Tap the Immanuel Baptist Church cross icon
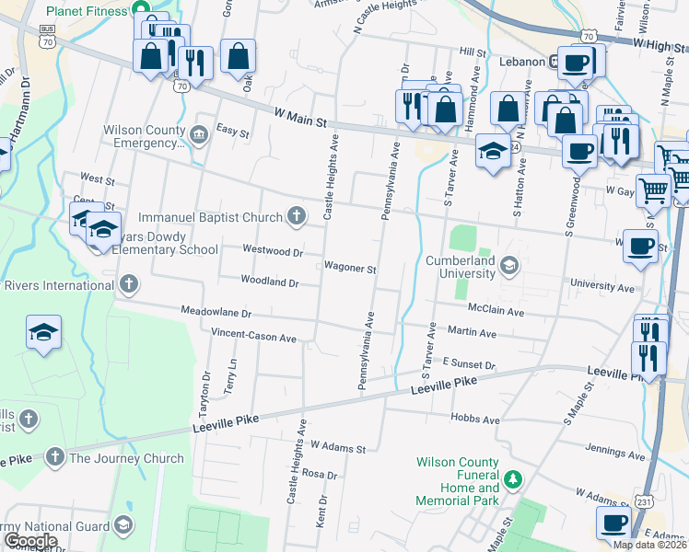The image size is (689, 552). [x=296, y=217]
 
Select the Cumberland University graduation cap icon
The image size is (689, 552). [x=508, y=267]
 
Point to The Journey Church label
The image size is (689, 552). [x=126, y=458]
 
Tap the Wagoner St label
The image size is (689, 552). [x=350, y=269]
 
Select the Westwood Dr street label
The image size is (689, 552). [x=272, y=250]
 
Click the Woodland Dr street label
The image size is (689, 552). [x=269, y=281]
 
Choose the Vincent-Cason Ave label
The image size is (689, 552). [x=253, y=337]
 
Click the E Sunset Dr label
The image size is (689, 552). [x=469, y=364]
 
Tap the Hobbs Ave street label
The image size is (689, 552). [x=475, y=420]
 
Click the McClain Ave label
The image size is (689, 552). [x=496, y=312]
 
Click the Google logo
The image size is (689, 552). [x=30, y=541]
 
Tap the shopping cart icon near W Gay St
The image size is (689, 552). [x=653, y=191]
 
